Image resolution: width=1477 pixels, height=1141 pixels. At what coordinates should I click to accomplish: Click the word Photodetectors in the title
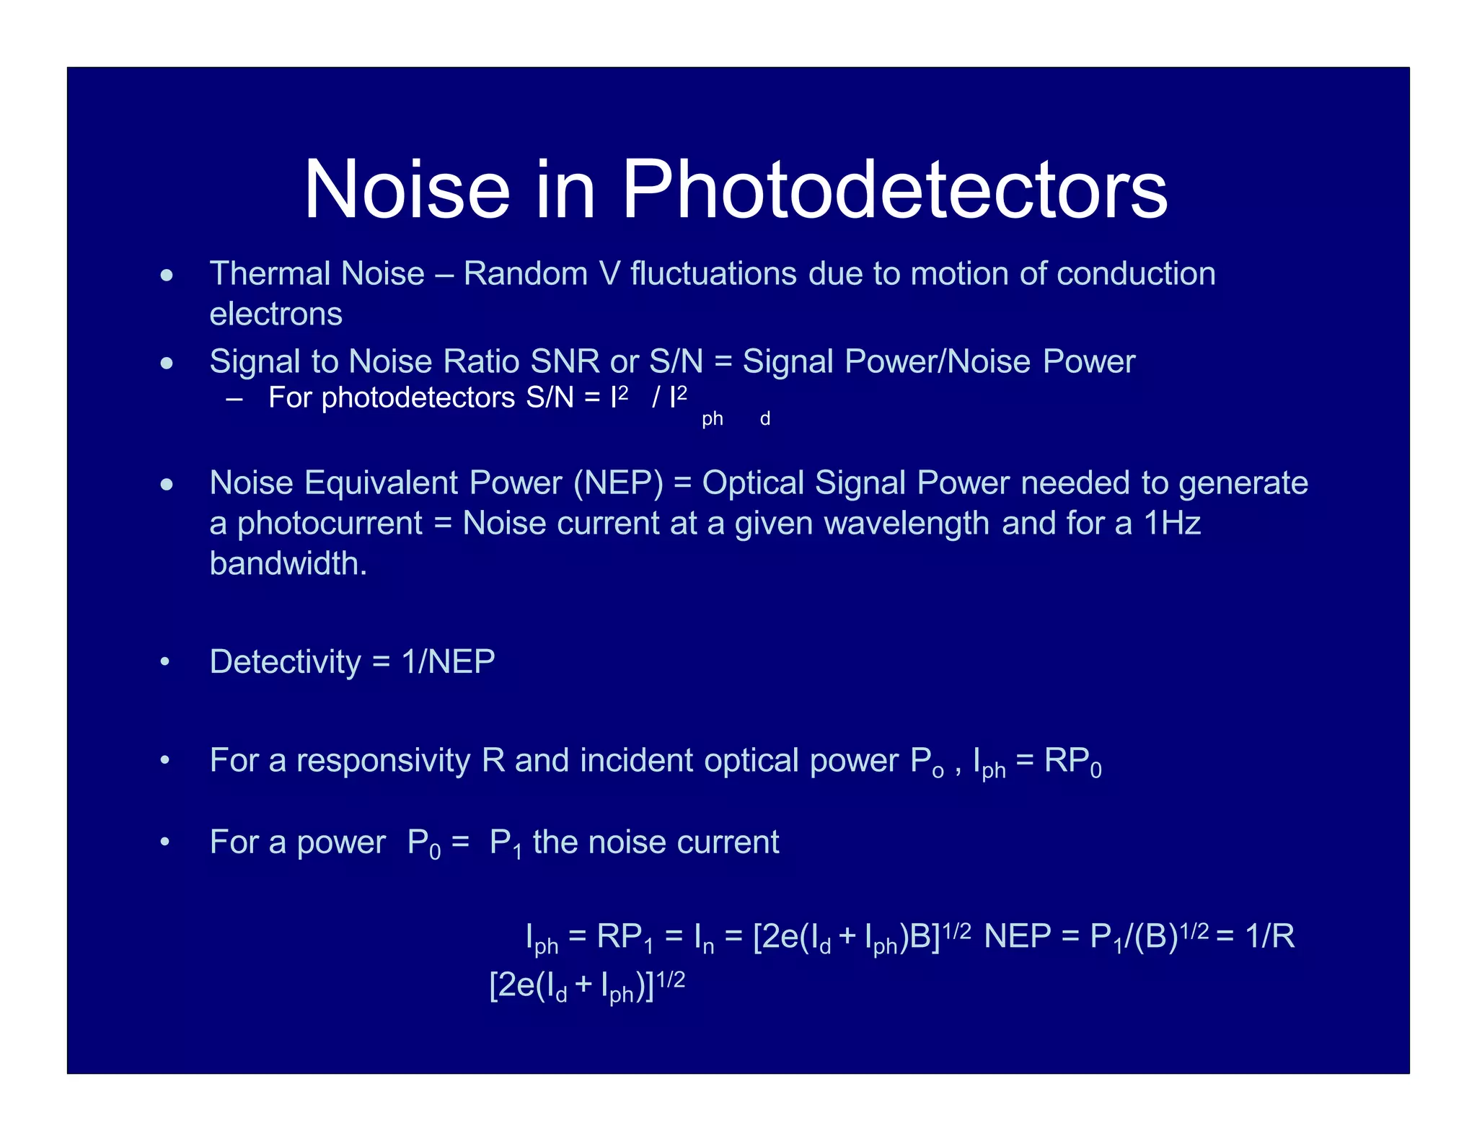pos(894,190)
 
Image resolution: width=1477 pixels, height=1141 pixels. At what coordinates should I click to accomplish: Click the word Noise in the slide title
pos(407,190)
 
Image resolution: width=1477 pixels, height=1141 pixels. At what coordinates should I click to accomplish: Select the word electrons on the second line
pos(275,314)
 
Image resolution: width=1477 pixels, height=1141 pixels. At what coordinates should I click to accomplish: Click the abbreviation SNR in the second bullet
pos(565,361)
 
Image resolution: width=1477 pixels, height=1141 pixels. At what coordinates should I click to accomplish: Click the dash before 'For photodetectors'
pos(234,398)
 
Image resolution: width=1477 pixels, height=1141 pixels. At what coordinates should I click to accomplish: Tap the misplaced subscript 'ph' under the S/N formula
pos(712,419)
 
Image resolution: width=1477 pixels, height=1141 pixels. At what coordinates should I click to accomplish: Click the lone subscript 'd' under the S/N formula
pos(765,419)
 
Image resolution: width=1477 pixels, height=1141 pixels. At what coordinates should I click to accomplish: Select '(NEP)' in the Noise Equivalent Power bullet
pos(618,483)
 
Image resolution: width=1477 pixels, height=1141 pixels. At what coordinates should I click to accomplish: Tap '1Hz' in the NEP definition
pos(1172,523)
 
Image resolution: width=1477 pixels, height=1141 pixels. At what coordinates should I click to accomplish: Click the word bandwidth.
pos(288,563)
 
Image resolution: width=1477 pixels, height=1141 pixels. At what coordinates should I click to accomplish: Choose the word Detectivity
pos(285,661)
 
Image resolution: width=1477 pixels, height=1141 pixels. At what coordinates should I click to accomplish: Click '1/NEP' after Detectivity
pos(448,661)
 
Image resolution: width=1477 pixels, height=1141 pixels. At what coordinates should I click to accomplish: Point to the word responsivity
pos(383,760)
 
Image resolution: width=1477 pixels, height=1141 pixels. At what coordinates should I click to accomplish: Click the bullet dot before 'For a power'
pos(165,842)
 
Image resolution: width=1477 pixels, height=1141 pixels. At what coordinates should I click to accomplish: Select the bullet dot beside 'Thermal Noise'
pos(167,275)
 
